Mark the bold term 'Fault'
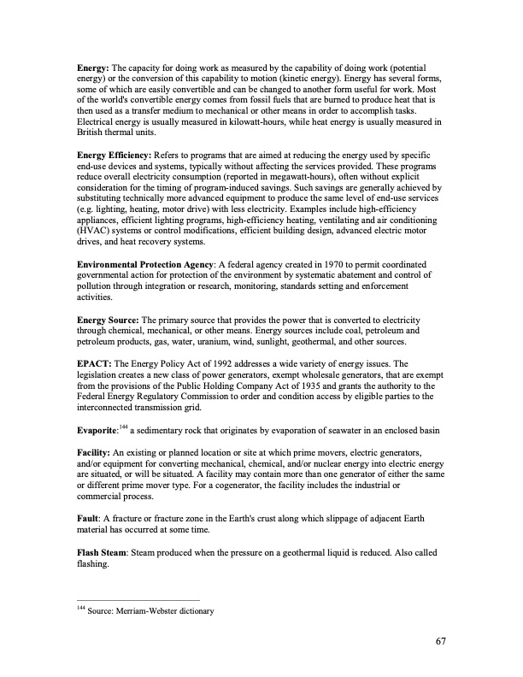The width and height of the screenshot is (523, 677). pyautogui.click(x=89, y=519)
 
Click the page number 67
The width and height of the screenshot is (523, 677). pyautogui.click(x=440, y=642)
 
